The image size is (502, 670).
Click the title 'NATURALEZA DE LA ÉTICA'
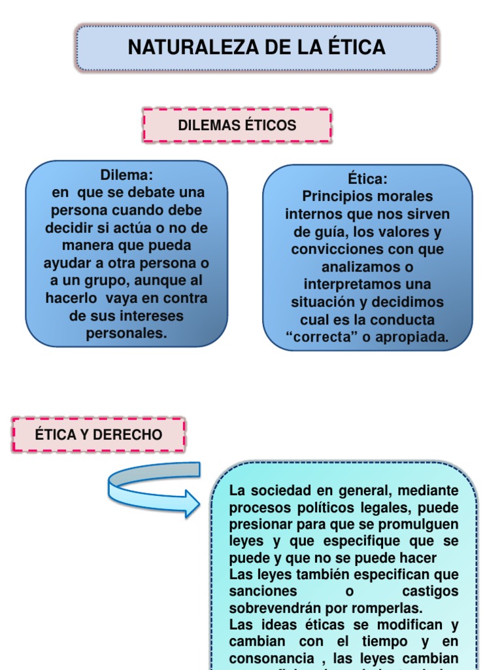pyautogui.click(x=256, y=48)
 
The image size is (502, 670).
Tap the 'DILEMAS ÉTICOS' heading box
pyautogui.click(x=237, y=126)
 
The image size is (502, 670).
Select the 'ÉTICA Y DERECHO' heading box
pyautogui.click(x=99, y=435)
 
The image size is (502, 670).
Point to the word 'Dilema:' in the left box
pyautogui.click(x=126, y=175)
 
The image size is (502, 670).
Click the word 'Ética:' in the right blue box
pyautogui.click(x=367, y=179)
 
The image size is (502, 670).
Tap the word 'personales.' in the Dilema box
pyautogui.click(x=126, y=333)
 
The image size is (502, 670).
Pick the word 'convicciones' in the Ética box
pyautogui.click(x=333, y=249)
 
